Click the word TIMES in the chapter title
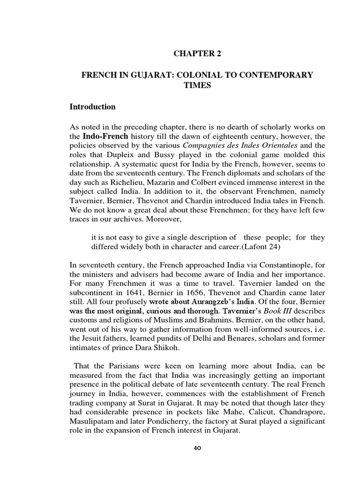coord(197,86)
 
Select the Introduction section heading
coord(92,107)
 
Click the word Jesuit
coord(92,339)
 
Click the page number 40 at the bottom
coord(197,448)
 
